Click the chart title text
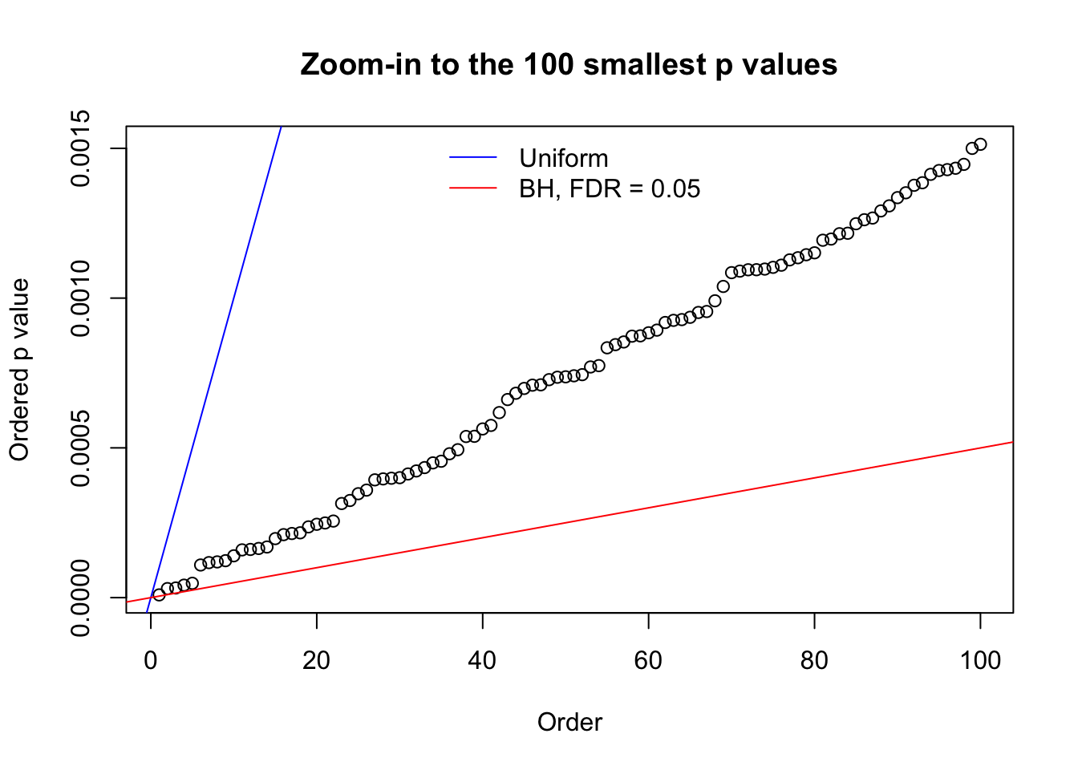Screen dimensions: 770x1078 pos(569,64)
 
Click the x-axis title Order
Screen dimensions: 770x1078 pos(569,722)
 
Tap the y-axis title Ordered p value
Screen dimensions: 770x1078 pos(19,370)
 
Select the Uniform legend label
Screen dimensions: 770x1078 pos(563,158)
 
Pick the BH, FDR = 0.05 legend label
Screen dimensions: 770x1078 pos(610,189)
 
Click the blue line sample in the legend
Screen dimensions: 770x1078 pos(473,158)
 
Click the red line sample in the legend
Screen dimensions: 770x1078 pos(473,188)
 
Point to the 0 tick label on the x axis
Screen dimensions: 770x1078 pos(151,660)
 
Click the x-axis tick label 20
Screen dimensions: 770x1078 pos(317,660)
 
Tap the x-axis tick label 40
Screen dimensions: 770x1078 pos(483,660)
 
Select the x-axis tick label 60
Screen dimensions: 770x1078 pos(648,660)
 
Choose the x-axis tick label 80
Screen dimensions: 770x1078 pos(814,660)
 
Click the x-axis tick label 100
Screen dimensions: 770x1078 pos(980,660)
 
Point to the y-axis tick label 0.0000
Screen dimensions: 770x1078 pos(80,598)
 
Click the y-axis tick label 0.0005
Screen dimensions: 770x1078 pos(80,448)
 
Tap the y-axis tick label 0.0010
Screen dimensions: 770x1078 pos(80,298)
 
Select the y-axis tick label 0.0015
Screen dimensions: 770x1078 pos(80,148)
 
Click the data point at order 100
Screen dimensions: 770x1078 pos(980,144)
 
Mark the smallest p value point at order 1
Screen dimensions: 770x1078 pos(159,594)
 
